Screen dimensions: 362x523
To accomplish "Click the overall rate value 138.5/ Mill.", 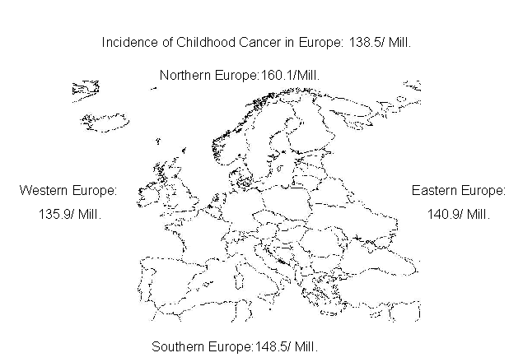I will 380,42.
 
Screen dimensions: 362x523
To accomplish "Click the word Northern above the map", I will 184,76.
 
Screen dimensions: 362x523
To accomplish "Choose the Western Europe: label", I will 68,191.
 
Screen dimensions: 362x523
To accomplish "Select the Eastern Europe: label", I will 459,191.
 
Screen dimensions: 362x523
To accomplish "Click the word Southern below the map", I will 175,346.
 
